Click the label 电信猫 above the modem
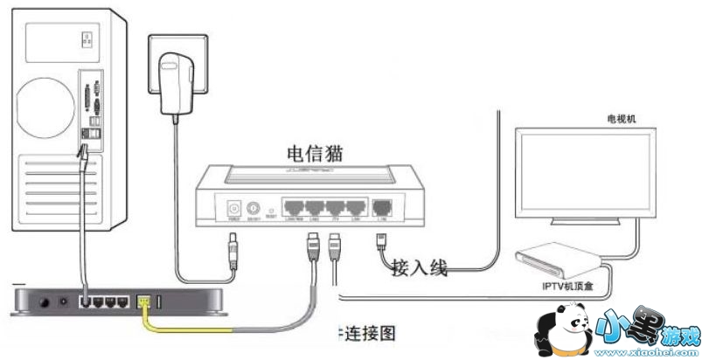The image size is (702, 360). pyautogui.click(x=314, y=152)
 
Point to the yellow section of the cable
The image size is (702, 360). pyautogui.click(x=192, y=328)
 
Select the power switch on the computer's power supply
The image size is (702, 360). pyautogui.click(x=86, y=39)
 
